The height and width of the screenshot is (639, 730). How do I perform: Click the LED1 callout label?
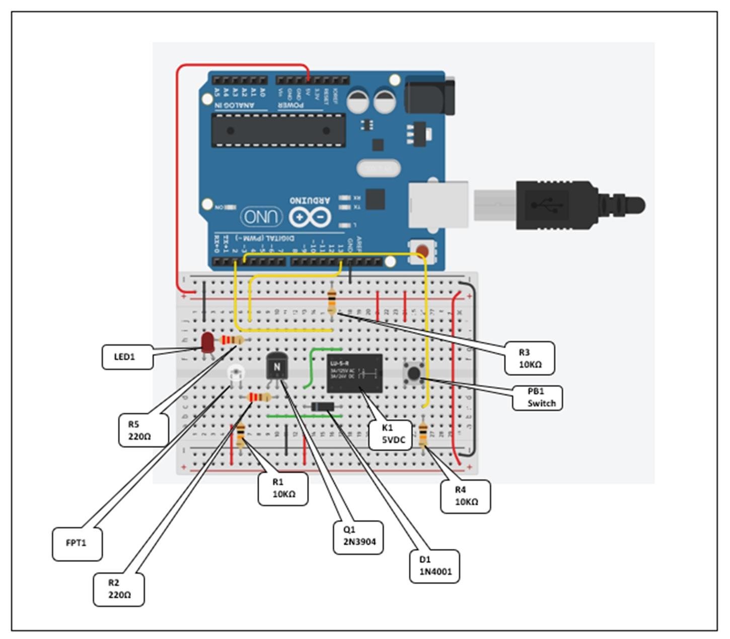[x=127, y=357]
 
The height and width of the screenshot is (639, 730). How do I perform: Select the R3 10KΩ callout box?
[x=530, y=358]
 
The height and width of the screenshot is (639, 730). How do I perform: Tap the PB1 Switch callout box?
[x=538, y=397]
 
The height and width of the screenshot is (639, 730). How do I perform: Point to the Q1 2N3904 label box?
[x=359, y=536]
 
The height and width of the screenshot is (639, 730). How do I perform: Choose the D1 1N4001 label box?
[x=434, y=565]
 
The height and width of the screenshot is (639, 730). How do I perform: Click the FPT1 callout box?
[x=77, y=543]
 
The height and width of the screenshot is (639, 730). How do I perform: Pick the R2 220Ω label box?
[x=119, y=589]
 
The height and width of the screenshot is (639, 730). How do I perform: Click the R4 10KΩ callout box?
[x=466, y=496]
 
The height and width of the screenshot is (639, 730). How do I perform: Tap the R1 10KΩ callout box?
[x=283, y=488]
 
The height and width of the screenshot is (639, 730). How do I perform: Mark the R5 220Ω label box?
[x=142, y=430]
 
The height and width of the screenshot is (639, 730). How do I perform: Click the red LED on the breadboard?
[x=207, y=343]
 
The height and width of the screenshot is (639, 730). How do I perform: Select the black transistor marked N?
[x=276, y=366]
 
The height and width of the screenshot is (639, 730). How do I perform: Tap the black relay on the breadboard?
[x=354, y=373]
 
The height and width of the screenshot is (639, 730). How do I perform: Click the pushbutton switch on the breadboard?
[x=413, y=373]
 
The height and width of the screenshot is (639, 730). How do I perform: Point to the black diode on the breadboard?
[x=321, y=407]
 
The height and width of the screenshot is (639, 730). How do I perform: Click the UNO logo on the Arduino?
[x=261, y=217]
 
